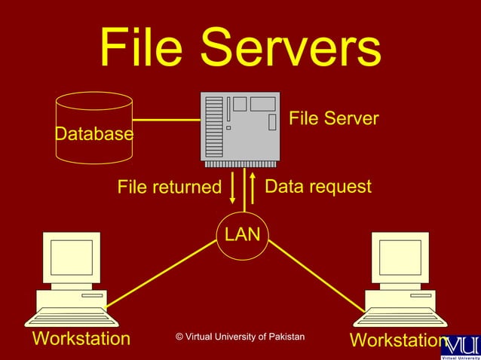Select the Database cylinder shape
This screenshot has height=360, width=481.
(93, 128)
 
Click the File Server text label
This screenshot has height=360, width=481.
(334, 119)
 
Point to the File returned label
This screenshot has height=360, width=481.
(169, 187)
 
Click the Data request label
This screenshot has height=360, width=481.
(319, 186)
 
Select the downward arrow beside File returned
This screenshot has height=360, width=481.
(232, 189)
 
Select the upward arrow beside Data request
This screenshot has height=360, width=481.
(253, 189)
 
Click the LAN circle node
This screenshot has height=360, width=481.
(241, 234)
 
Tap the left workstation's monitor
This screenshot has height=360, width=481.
(72, 258)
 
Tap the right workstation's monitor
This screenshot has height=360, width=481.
(400, 258)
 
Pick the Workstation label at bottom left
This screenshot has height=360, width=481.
(81, 338)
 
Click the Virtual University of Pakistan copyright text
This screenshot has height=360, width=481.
(240, 336)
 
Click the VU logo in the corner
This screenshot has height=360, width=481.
(459, 345)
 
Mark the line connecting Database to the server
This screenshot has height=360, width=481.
(166, 120)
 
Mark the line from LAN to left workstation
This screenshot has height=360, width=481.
(162, 274)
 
